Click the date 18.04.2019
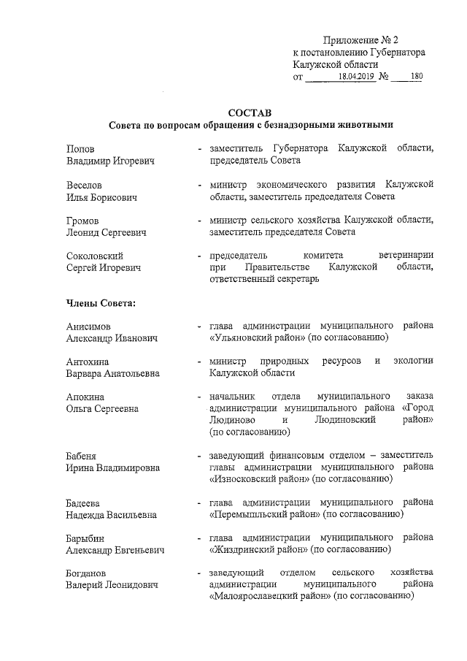point(356,77)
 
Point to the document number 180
point(416,77)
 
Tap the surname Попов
point(80,148)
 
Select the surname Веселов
point(85,186)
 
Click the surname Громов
point(83,221)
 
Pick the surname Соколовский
point(94,256)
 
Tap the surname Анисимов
point(90,326)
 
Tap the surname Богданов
point(87,573)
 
